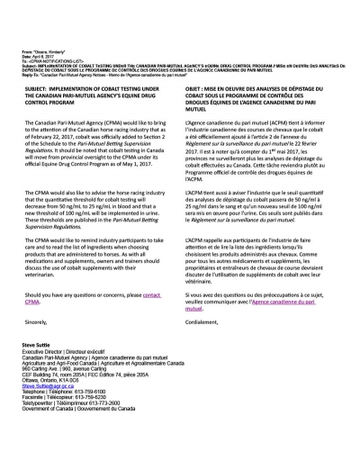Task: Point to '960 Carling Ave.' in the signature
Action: coord(42,391)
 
